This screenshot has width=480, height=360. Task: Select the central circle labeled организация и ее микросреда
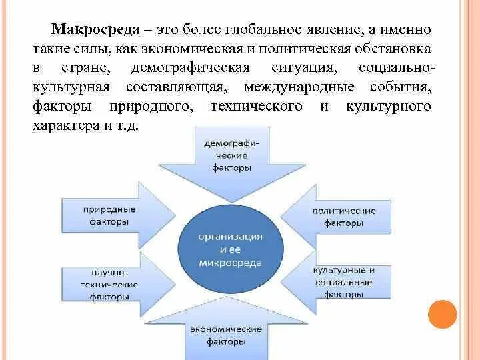(x=230, y=250)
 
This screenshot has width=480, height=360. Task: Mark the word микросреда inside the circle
(x=230, y=263)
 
